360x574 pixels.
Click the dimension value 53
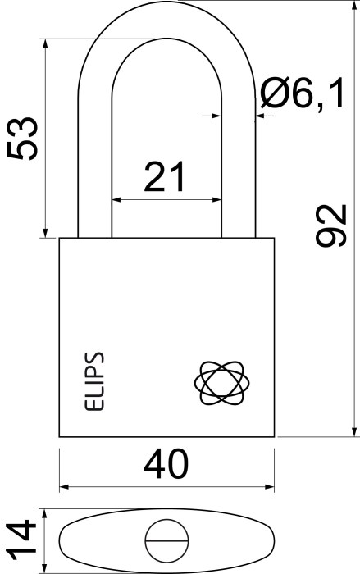pyautogui.click(x=23, y=139)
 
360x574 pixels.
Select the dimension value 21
pyautogui.click(x=165, y=177)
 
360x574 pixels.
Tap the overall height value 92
pyautogui.click(x=331, y=225)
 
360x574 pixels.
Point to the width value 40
pyautogui.click(x=166, y=464)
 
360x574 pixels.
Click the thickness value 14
pyautogui.click(x=21, y=540)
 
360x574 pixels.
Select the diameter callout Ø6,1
pyautogui.click(x=303, y=93)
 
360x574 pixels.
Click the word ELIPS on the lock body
pyautogui.click(x=94, y=381)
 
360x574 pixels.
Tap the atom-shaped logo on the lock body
pyautogui.click(x=222, y=383)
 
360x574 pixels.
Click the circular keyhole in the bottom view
pyautogui.click(x=166, y=540)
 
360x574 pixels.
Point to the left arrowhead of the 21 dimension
pyautogui.click(x=116, y=200)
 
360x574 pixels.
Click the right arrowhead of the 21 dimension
pyautogui.click(x=217, y=200)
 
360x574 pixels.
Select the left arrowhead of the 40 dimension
pyautogui.click(x=64, y=487)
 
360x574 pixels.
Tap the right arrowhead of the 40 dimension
pyautogui.click(x=270, y=487)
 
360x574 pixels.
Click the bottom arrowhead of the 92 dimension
pyautogui.click(x=354, y=432)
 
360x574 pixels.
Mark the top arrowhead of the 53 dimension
pyautogui.click(x=45, y=43)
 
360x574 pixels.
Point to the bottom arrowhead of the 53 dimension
pyautogui.click(x=45, y=233)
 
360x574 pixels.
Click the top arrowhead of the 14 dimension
pyautogui.click(x=44, y=513)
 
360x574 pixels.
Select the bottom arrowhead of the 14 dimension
pyautogui.click(x=44, y=567)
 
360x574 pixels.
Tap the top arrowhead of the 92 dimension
pyautogui.click(x=354, y=5)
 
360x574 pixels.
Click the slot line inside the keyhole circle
pyautogui.click(x=166, y=540)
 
